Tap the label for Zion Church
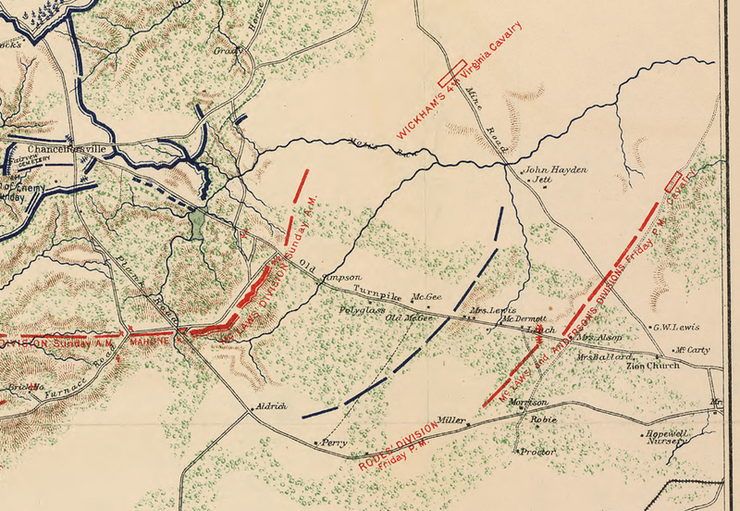pyautogui.click(x=653, y=366)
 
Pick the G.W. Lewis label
pyautogui.click(x=676, y=328)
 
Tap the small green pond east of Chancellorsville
pyautogui.click(x=196, y=223)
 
